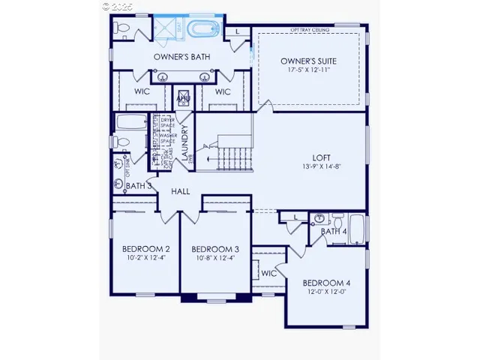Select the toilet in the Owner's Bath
123,29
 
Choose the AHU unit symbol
183,98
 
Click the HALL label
180,191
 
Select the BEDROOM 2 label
146,249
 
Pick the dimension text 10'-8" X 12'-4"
215,259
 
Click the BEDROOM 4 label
326,283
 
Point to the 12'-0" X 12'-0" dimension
326,292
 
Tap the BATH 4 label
334,232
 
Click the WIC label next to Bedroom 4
269,273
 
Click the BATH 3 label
139,185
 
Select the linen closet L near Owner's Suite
237,31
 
